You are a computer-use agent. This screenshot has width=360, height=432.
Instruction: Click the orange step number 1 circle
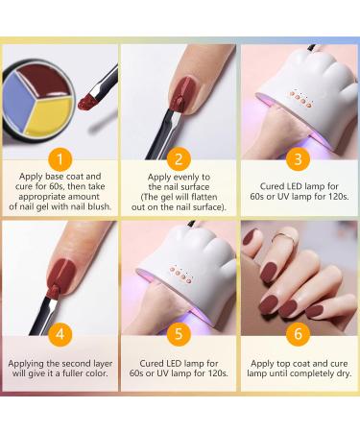[60, 159]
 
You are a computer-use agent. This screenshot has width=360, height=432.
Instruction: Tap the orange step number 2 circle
[179, 159]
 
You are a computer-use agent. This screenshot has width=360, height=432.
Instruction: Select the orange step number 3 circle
[298, 159]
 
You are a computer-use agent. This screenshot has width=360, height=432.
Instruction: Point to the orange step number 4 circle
[60, 334]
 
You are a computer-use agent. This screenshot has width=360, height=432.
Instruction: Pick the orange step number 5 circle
[179, 334]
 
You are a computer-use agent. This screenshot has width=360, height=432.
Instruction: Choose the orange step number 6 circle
[298, 334]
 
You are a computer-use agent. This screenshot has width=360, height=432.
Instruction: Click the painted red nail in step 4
[61, 275]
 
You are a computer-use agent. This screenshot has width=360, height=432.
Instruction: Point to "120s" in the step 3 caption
[338, 196]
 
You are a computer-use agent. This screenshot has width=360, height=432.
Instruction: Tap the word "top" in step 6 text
[285, 364]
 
